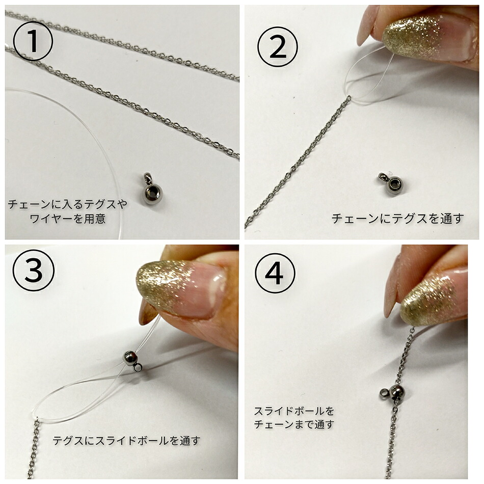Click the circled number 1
coord(33,41)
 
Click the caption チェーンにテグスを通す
coord(397,219)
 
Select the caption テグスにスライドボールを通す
coord(126,441)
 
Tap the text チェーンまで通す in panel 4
coord(294,423)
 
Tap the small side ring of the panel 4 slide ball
coord(384,392)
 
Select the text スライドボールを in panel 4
coord(294,411)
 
